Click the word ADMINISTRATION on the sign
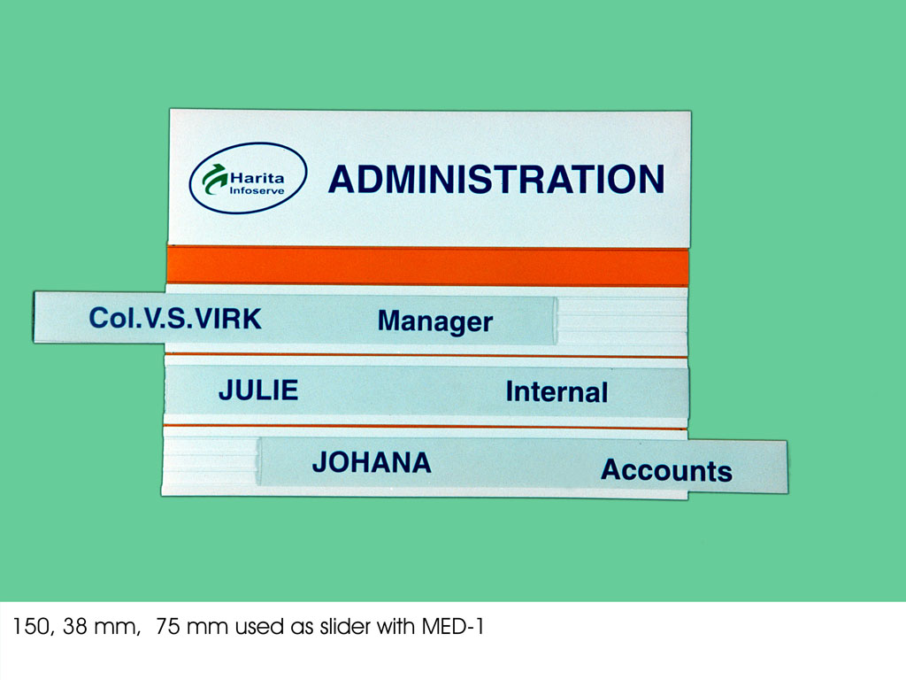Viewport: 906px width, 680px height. (x=496, y=179)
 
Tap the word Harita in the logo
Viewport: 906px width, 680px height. (x=257, y=177)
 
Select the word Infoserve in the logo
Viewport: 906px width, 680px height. (x=257, y=191)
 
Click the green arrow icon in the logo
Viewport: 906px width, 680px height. (x=214, y=179)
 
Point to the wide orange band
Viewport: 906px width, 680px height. (x=427, y=266)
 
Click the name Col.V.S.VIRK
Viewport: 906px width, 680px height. (x=175, y=318)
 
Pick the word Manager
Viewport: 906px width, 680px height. (x=435, y=321)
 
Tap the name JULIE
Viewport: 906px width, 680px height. (x=258, y=390)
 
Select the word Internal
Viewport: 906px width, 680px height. (x=557, y=392)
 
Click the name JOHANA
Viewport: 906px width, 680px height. (x=372, y=462)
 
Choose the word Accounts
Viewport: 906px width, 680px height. (x=666, y=470)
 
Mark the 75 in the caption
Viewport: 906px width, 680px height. (x=168, y=626)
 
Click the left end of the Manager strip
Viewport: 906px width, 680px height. (x=35, y=317)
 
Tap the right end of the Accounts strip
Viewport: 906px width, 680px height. (x=787, y=467)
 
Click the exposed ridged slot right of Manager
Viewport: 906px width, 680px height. (x=622, y=321)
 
